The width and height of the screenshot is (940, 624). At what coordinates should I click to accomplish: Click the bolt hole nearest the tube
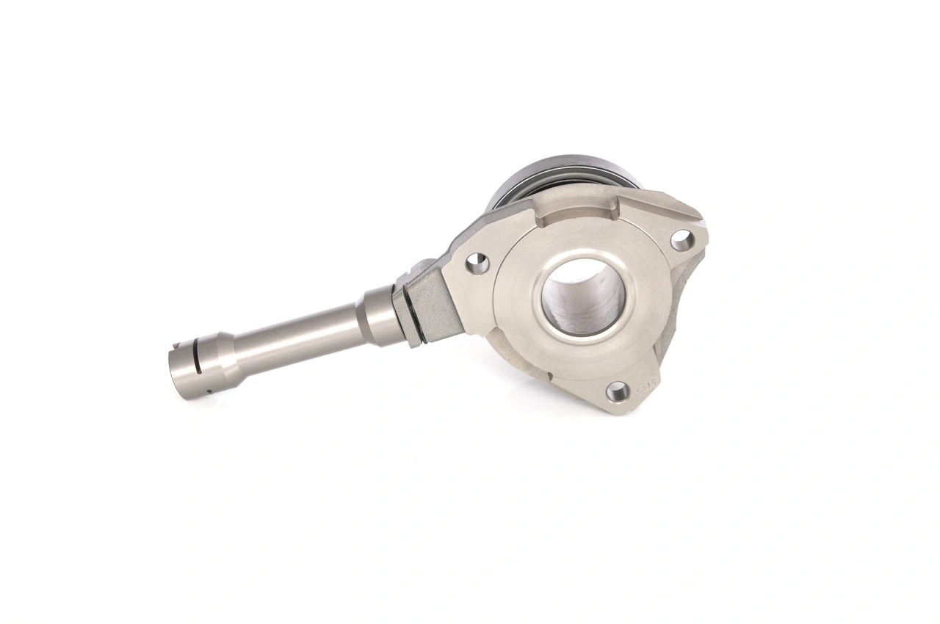coord(477,263)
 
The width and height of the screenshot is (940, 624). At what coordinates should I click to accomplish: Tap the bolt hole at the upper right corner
coord(681,239)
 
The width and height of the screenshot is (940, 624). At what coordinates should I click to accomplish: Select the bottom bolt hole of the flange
coord(618,391)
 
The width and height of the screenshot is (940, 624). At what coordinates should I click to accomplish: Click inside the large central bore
coord(584,297)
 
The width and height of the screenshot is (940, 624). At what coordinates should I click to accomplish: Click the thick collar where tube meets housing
coord(378,316)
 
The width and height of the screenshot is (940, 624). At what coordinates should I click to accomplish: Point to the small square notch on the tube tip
coord(181,344)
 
